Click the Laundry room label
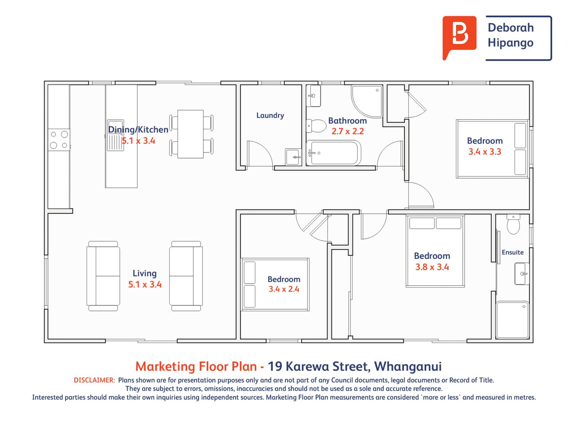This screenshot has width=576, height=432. pyautogui.click(x=270, y=116)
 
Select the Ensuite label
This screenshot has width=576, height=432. pyautogui.click(x=512, y=252)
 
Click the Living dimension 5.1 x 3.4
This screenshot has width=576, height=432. pyautogui.click(x=145, y=284)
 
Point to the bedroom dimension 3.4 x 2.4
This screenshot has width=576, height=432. pyautogui.click(x=284, y=289)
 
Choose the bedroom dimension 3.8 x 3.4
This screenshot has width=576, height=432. pyautogui.click(x=432, y=267)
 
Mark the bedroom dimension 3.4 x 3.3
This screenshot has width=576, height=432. pyautogui.click(x=485, y=152)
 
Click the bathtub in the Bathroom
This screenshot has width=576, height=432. pyautogui.click(x=333, y=153)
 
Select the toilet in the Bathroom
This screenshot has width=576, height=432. pyautogui.click(x=316, y=126)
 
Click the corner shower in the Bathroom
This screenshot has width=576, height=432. pyautogui.click(x=366, y=101)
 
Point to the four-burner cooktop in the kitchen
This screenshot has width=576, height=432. pyautogui.click(x=59, y=140)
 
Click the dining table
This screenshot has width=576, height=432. pyautogui.click(x=190, y=134)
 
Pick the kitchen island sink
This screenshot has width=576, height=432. pyautogui.click(x=116, y=135)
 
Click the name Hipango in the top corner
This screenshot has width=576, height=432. pyautogui.click(x=510, y=43)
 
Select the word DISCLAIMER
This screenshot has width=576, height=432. pyautogui.click(x=94, y=380)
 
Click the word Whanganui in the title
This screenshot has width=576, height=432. pyautogui.click(x=408, y=366)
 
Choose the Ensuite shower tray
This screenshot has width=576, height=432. pyautogui.click(x=512, y=320)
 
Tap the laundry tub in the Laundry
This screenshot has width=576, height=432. pyautogui.click(x=293, y=157)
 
